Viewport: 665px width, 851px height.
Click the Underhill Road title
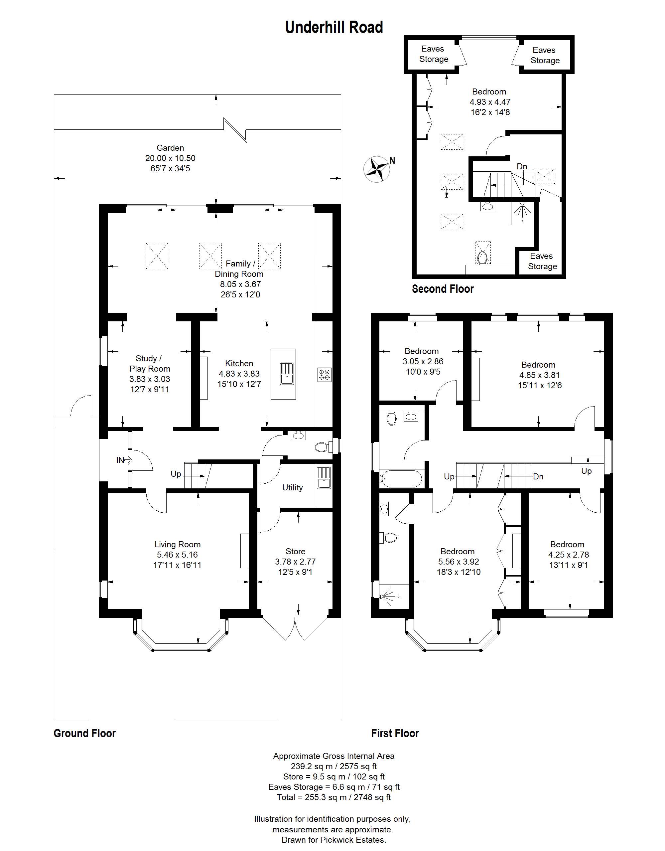334,27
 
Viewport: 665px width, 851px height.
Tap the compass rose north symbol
377,169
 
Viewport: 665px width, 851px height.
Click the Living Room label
177,544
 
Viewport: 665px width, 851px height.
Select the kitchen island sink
287,374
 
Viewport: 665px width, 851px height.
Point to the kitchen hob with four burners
324,375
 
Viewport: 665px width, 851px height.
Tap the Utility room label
292,487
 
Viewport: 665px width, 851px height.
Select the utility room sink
324,478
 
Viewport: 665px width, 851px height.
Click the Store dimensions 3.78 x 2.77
295,562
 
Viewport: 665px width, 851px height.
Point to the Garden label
170,148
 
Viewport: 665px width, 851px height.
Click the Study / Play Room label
150,364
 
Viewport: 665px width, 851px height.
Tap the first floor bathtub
401,478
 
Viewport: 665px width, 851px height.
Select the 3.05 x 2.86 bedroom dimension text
423,361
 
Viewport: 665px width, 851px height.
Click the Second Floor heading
443,289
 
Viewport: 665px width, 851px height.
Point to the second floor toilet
482,257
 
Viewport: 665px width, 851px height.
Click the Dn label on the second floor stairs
522,166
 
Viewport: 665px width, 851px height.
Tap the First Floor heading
395,733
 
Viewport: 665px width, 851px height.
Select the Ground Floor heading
84,733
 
